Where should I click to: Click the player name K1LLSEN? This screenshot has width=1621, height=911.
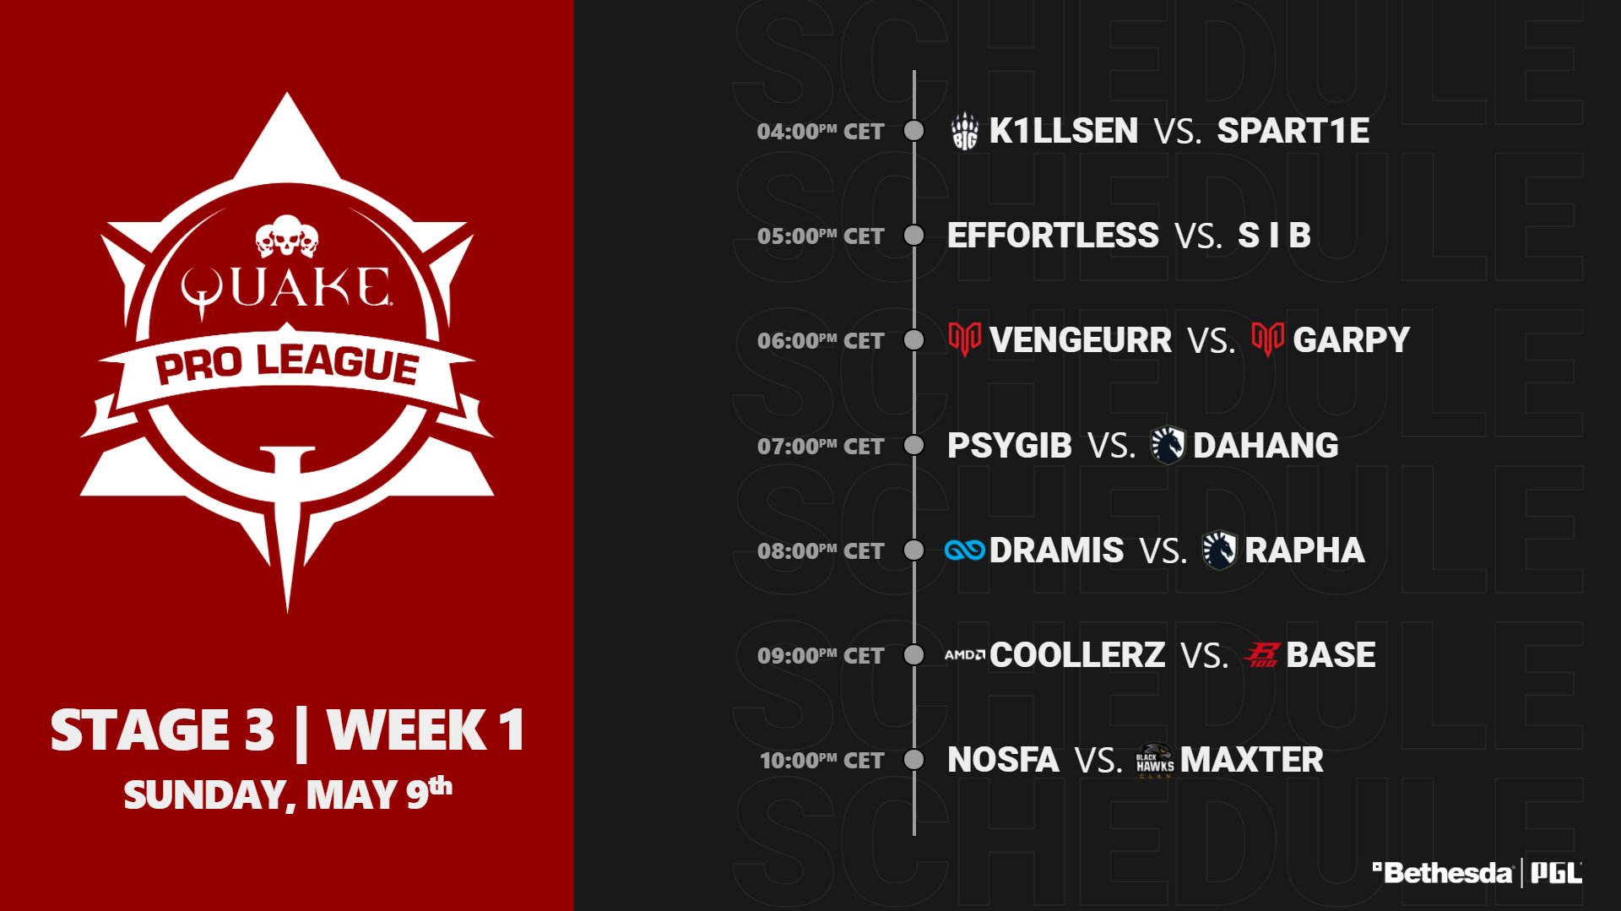pos(1064,131)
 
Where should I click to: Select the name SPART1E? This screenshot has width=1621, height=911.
pos(1293,131)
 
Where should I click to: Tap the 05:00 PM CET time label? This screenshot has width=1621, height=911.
pos(821,236)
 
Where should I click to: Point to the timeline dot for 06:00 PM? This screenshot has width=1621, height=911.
pos(914,340)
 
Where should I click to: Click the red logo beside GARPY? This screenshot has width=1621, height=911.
pos(1267,339)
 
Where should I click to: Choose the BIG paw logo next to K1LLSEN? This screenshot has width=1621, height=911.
pos(964,132)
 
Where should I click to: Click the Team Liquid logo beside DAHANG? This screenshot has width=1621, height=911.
pos(1168,445)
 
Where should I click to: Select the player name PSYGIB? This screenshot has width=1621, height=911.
pos(1010,446)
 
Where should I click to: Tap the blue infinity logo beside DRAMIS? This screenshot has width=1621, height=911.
pos(965,550)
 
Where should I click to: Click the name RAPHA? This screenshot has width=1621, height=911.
pos(1304,550)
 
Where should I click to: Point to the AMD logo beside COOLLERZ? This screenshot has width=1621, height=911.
pos(965,655)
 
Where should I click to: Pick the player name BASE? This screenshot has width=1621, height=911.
pos(1331,655)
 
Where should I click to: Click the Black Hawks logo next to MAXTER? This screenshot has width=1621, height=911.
pos(1155,761)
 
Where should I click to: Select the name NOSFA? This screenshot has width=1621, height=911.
pos(1003,760)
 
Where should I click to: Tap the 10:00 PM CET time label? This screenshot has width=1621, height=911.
pos(821,761)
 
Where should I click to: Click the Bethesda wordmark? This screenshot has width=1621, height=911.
pos(1442,873)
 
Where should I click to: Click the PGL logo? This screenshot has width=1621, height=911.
pos(1556,873)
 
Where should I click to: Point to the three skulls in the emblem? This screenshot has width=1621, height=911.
pos(287,236)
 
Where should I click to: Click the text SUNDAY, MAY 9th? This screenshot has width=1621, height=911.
pos(288,794)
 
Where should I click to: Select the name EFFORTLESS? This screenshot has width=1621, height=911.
pos(1053,236)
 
